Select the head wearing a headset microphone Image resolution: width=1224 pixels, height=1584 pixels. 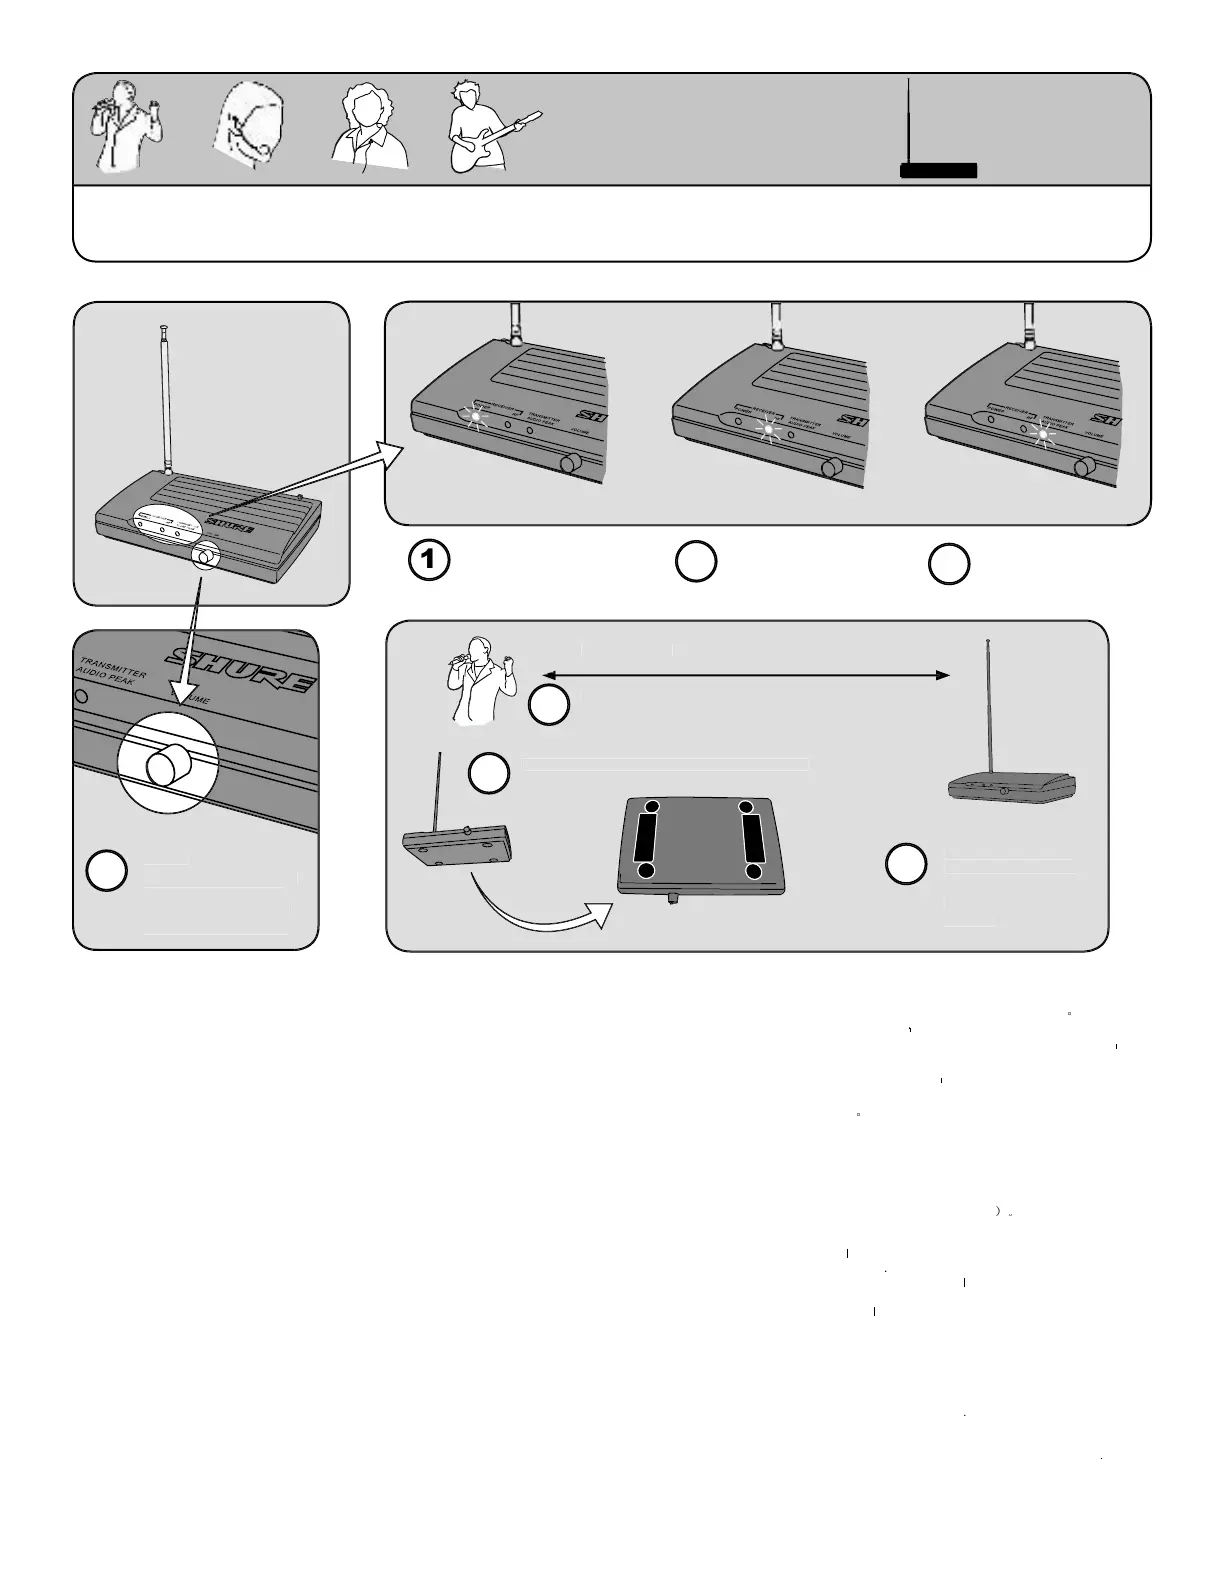tap(249, 131)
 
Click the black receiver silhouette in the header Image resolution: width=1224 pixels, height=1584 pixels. tap(937, 170)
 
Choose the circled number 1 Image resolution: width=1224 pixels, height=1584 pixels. tap(429, 561)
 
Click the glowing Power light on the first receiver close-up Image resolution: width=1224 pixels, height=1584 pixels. tap(475, 416)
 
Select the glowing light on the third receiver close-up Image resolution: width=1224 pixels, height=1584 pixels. tap(1042, 434)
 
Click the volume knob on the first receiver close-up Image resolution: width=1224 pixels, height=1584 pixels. tap(572, 463)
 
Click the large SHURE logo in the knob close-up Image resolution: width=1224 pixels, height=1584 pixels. tap(240, 668)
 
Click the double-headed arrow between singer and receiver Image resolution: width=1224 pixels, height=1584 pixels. tap(745, 676)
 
